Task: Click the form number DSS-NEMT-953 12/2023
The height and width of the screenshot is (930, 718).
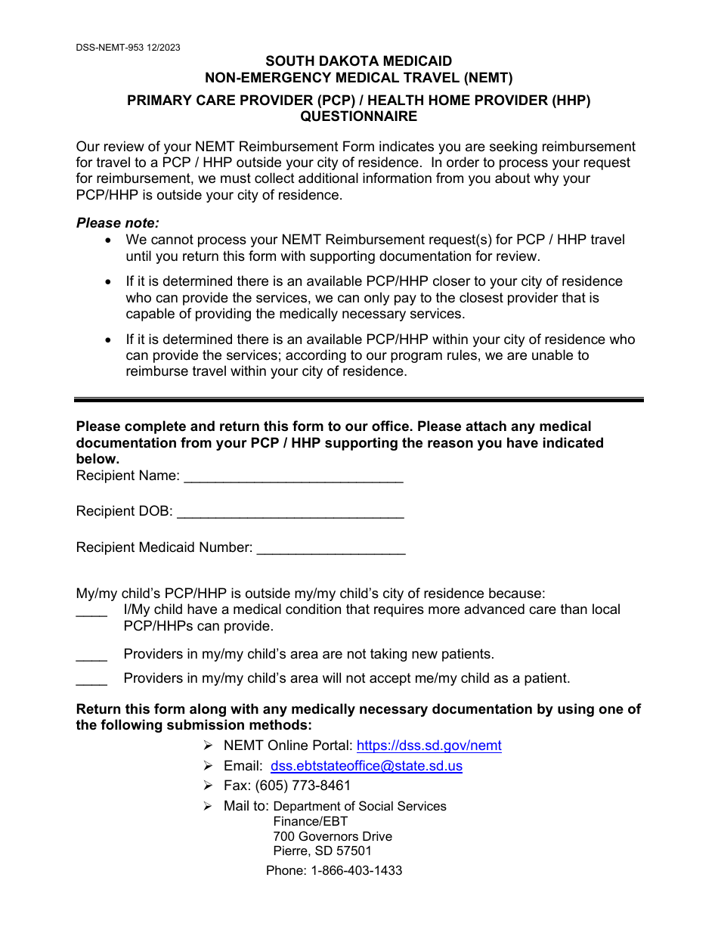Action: [x=128, y=47]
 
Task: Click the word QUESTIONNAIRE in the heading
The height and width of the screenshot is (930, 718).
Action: [x=358, y=116]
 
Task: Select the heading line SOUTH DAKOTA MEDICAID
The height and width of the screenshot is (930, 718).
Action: [x=358, y=61]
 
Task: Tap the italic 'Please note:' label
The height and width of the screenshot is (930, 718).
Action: [x=118, y=223]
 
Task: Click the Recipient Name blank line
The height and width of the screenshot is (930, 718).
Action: [x=293, y=478]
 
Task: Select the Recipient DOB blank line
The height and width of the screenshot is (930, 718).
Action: [x=290, y=513]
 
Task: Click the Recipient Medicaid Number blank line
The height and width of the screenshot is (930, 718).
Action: [x=331, y=550]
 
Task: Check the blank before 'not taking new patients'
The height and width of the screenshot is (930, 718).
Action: [x=91, y=656]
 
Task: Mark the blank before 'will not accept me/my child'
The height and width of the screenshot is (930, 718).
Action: [x=91, y=680]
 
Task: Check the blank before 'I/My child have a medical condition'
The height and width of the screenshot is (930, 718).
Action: [x=91, y=612]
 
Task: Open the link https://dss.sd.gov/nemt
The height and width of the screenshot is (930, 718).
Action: [x=429, y=746]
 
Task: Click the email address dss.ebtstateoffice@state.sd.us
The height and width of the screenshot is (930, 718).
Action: [x=367, y=766]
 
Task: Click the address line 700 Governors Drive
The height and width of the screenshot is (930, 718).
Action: [x=333, y=836]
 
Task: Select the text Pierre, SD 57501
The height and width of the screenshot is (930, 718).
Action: [x=323, y=851]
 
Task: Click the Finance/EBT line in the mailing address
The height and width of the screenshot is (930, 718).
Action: [x=311, y=821]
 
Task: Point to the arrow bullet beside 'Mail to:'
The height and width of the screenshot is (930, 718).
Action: [x=208, y=806]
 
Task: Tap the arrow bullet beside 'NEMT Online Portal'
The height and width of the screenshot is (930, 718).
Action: [x=208, y=746]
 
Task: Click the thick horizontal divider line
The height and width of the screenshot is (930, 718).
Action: [x=358, y=400]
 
